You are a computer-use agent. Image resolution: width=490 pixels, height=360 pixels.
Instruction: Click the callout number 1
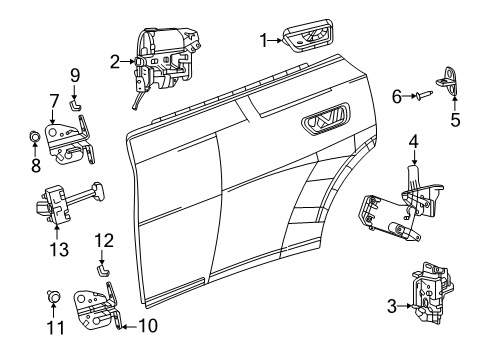tap(263, 40)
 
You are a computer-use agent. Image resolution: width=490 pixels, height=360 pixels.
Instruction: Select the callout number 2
tap(115, 61)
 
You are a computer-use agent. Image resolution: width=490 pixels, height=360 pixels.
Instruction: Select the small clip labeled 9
tap(75, 100)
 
